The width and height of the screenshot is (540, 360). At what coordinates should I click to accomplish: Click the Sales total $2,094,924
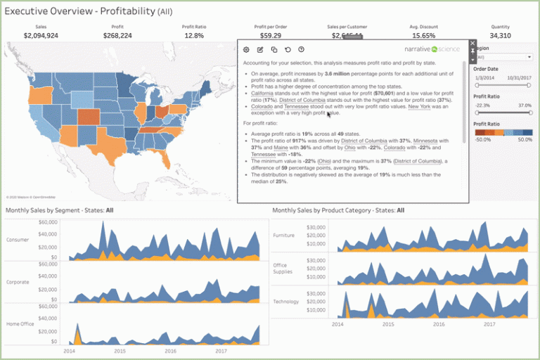point(41,35)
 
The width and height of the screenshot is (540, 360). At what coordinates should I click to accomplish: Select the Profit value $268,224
point(117,35)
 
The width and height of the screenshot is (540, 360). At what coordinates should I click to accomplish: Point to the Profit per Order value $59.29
point(271,35)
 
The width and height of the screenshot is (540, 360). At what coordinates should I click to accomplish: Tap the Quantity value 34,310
point(500,35)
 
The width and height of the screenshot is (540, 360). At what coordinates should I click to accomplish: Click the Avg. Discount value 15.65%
point(423,35)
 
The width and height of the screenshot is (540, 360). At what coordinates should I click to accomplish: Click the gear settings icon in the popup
point(246,50)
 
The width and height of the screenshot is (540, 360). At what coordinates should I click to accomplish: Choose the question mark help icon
point(301,50)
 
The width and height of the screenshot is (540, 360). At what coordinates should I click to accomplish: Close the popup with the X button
point(472,44)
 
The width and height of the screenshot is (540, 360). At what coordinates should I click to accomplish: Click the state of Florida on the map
point(167,165)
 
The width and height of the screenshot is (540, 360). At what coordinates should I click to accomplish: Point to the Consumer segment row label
point(18,240)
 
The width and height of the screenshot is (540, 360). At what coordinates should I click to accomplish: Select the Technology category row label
point(285,302)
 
